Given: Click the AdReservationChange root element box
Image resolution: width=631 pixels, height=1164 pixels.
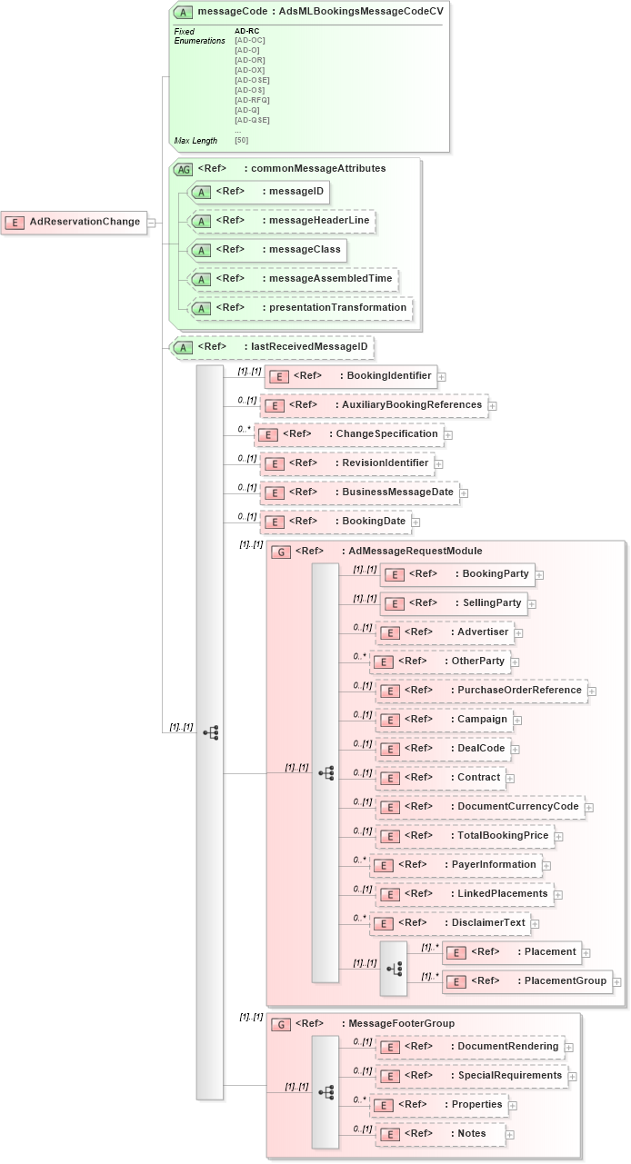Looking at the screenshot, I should (x=75, y=222).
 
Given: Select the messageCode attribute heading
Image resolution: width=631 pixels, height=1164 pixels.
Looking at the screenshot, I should (x=308, y=12).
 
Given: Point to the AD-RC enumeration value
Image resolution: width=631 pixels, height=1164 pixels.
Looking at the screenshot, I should (x=246, y=31).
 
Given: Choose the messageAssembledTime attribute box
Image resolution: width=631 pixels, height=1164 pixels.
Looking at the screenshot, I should (x=292, y=279).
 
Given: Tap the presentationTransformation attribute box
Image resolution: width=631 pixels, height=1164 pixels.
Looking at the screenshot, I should (x=299, y=308).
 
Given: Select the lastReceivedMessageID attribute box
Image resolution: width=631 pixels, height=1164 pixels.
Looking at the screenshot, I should (x=273, y=347).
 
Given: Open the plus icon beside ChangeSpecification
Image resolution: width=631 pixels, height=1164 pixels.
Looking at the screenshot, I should (x=448, y=435).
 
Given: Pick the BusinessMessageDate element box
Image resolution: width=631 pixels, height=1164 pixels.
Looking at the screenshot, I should (x=359, y=492).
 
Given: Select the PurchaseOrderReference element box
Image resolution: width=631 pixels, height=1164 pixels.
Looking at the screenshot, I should (x=481, y=691).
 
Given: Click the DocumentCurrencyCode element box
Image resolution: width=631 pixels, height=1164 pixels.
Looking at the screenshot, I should (x=479, y=807).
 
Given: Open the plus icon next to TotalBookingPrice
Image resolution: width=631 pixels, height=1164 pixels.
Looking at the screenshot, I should (x=558, y=836).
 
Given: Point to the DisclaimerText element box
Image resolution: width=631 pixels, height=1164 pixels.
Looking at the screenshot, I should (x=450, y=923).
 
